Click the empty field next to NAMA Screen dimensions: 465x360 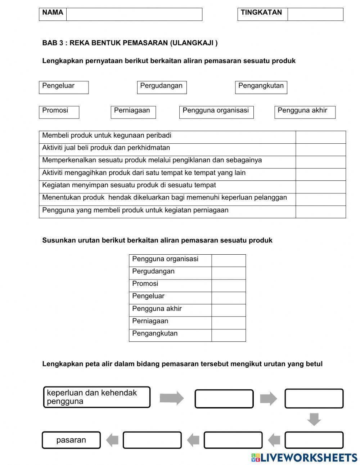[x=134, y=14]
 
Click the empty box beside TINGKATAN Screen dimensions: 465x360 [x=315, y=14]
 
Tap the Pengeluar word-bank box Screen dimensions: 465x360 [x=64, y=87]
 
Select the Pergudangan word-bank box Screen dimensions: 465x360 [x=162, y=87]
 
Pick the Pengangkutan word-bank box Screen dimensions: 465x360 [x=261, y=87]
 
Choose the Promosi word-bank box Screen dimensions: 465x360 [x=59, y=112]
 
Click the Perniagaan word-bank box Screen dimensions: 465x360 [x=133, y=112]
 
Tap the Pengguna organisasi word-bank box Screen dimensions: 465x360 [x=216, y=112]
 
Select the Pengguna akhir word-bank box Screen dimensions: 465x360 [x=305, y=112]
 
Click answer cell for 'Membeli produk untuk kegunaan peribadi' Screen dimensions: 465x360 [x=320, y=137]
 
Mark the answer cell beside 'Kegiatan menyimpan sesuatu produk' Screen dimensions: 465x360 [x=320, y=187]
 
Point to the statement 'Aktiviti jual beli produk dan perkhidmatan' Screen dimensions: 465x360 [x=106, y=148]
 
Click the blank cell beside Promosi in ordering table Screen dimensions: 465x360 [x=228, y=285]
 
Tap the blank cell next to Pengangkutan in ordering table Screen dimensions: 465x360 [x=228, y=335]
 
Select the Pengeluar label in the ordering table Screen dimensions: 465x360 [x=148, y=296]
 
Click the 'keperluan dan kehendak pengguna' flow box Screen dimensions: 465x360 [x=96, y=397]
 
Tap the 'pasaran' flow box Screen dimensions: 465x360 [x=71, y=440]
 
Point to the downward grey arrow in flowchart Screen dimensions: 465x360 [x=314, y=419]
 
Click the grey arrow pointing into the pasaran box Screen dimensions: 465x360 [x=112, y=440]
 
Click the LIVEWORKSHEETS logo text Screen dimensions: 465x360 [x=308, y=458]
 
